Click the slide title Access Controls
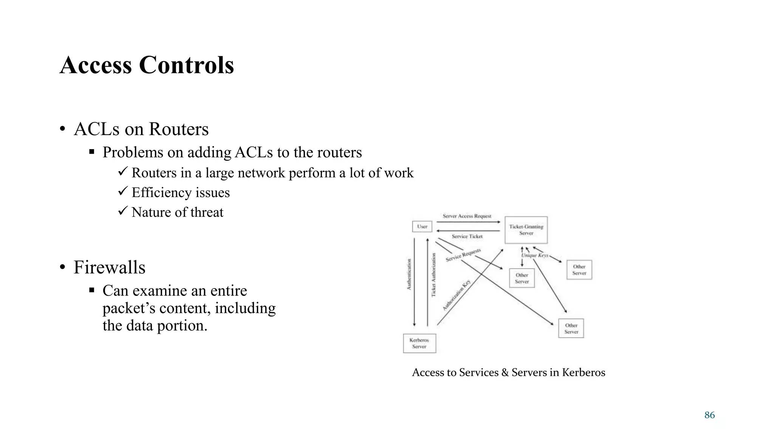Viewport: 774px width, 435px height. [x=147, y=65]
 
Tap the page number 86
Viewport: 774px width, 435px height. [x=709, y=415]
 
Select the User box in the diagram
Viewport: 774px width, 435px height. [x=422, y=227]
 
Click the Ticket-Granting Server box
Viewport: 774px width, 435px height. [x=526, y=230]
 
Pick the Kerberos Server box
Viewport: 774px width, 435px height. [x=419, y=343]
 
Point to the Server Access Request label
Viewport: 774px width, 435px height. [x=467, y=216]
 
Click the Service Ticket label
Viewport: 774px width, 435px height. [x=467, y=236]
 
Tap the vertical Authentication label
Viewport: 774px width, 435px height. [x=409, y=274]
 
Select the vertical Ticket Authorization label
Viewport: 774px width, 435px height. [x=433, y=275]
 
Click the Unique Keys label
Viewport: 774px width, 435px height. [x=535, y=255]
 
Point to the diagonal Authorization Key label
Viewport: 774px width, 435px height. [x=457, y=295]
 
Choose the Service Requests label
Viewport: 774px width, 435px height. [x=463, y=255]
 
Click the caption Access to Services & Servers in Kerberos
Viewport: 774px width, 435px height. [x=508, y=372]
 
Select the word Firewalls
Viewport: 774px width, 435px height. [x=109, y=267]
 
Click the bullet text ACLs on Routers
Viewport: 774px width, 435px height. [x=141, y=129]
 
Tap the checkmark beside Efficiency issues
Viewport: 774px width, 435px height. [x=122, y=191]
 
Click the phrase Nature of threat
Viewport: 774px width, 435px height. [x=177, y=212]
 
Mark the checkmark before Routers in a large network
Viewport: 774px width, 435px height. [x=122, y=172]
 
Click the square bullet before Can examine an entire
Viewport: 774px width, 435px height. [x=91, y=290]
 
